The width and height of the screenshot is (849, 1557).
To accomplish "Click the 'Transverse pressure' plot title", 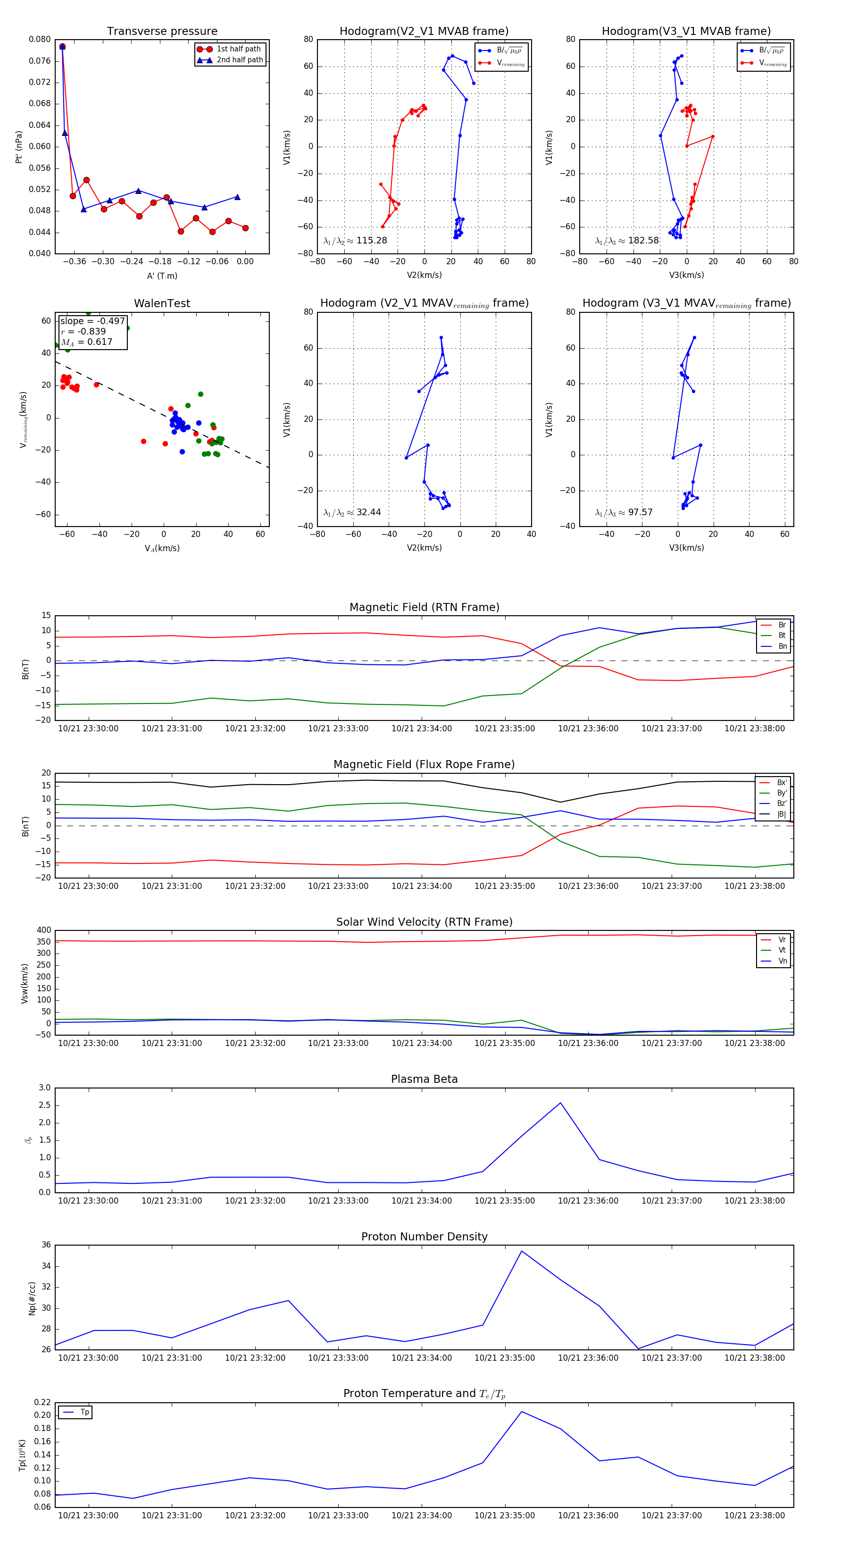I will [162, 32].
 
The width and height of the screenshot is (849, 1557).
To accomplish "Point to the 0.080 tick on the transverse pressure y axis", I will [40, 39].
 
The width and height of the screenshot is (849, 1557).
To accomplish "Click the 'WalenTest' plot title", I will [162, 303].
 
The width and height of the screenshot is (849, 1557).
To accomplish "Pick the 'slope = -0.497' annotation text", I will [92, 321].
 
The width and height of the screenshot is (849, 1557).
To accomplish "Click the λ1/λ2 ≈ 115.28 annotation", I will [355, 241].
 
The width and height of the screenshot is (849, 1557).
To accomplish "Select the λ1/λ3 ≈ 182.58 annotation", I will [627, 241].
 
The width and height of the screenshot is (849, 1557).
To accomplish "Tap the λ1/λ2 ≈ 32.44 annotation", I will [352, 512].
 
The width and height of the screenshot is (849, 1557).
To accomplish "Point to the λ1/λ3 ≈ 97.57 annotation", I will [624, 512].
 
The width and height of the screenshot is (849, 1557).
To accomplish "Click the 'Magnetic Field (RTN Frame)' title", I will [424, 607].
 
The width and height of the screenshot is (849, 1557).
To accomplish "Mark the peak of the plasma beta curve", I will [560, 1103].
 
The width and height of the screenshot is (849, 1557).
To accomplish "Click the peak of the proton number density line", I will [522, 1251].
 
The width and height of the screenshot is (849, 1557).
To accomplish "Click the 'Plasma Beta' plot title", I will [424, 1080].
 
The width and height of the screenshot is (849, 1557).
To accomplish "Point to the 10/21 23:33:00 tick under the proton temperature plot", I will [338, 1515].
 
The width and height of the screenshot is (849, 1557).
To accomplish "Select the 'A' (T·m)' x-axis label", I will [162, 276].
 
